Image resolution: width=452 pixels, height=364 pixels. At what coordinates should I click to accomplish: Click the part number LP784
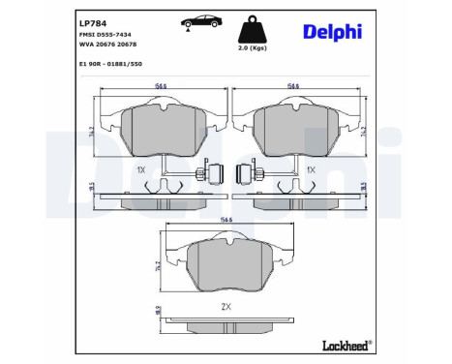(91, 22)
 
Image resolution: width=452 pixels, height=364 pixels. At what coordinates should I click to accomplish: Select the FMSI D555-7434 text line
(105, 35)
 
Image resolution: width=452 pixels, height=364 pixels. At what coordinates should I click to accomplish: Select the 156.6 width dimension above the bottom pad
(226, 220)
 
